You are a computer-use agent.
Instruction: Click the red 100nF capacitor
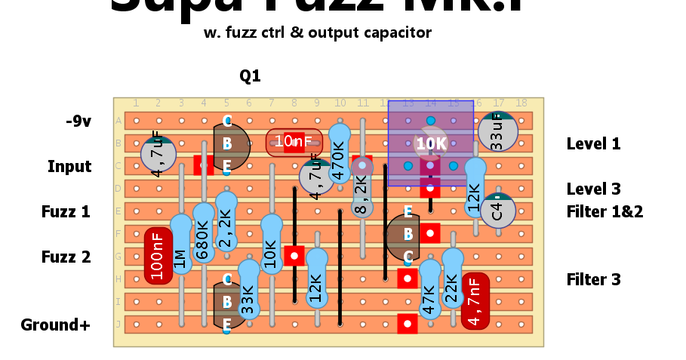(158, 256)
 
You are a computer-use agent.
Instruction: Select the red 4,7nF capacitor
(475, 301)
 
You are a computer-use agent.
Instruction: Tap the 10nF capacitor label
(294, 142)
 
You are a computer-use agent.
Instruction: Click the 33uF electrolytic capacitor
(497, 131)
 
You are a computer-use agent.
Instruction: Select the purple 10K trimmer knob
(430, 143)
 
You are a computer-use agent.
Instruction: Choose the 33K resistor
(249, 289)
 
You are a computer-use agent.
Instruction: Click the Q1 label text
(250, 76)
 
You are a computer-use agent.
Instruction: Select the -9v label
(78, 121)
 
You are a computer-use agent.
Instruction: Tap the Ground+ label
(56, 325)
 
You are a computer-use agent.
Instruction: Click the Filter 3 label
(593, 280)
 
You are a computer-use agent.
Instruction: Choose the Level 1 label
(593, 143)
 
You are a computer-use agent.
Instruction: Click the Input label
(69, 167)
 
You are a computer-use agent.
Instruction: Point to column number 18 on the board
(521, 103)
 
